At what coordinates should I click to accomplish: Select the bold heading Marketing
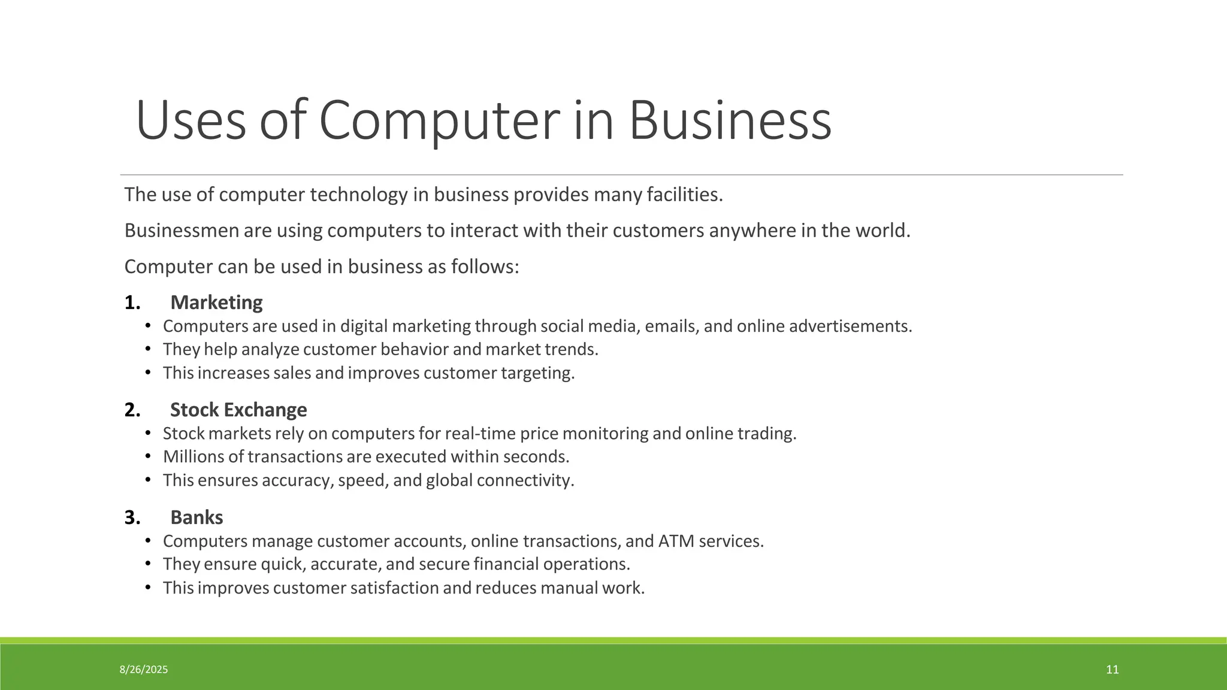coord(216,302)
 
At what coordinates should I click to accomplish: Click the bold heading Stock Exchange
coord(238,410)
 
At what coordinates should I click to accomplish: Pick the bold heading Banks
coord(197,517)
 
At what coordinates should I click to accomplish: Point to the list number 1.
coord(132,302)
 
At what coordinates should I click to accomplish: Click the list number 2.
coord(132,410)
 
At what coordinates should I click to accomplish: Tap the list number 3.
coord(132,517)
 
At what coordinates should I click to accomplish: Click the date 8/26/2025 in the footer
coord(144,670)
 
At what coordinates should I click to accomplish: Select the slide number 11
coord(1112,670)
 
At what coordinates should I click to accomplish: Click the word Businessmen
coord(182,231)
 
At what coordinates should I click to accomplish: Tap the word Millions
coord(194,457)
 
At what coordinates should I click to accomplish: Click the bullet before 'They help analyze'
coord(148,349)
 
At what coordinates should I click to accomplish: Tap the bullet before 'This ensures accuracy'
coord(148,480)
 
